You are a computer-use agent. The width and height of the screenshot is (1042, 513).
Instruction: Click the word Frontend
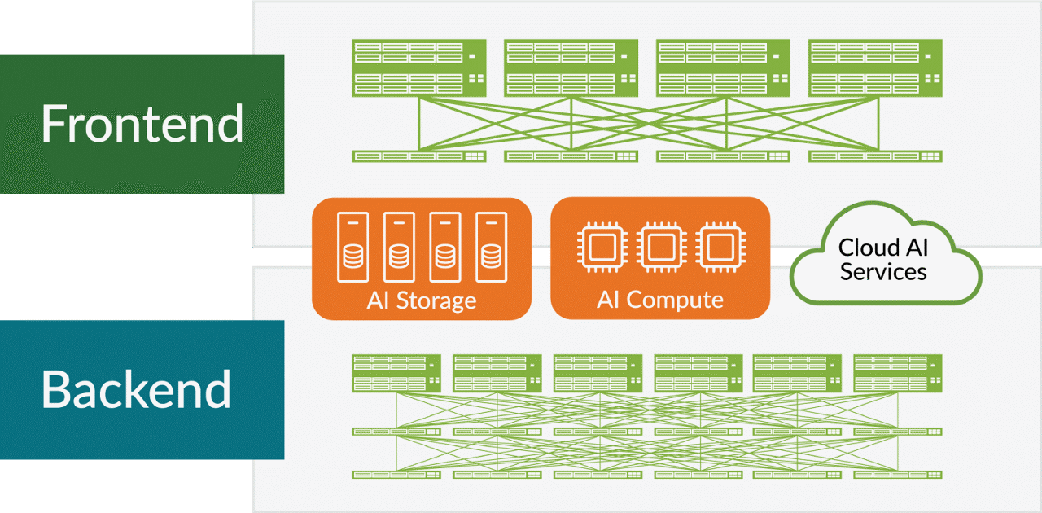click(x=142, y=124)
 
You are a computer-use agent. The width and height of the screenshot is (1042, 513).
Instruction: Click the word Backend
click(x=137, y=389)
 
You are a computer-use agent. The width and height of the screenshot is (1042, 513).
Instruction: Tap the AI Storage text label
click(x=422, y=300)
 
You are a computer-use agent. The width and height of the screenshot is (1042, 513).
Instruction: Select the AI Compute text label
click(x=660, y=300)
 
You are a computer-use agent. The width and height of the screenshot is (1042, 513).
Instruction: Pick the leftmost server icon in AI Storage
click(x=352, y=242)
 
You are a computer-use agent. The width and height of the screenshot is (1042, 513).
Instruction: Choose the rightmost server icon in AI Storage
click(x=490, y=242)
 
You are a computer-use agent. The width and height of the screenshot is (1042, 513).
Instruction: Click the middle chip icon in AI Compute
click(x=660, y=246)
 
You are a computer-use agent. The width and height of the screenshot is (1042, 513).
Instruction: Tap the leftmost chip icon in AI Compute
click(x=600, y=246)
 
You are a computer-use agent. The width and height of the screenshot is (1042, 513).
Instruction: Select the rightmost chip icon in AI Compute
click(x=720, y=246)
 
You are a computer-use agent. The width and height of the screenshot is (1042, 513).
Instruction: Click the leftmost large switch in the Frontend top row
click(x=419, y=68)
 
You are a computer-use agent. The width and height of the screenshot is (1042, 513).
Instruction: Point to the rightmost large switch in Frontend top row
click(x=875, y=68)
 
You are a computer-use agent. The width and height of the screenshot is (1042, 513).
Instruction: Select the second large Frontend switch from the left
click(x=571, y=68)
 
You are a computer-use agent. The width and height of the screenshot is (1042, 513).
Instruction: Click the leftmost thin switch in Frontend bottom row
click(x=419, y=156)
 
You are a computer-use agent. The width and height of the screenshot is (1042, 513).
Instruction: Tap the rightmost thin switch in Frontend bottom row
click(x=875, y=156)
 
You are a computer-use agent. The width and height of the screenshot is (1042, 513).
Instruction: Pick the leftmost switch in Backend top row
click(x=396, y=373)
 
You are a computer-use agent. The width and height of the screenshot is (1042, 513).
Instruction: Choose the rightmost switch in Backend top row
click(x=898, y=373)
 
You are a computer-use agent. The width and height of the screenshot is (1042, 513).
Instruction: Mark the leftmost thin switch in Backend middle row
click(x=396, y=431)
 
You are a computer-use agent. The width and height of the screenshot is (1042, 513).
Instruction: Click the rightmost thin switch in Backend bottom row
click(x=898, y=474)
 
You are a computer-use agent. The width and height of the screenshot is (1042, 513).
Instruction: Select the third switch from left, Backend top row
click(x=598, y=373)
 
